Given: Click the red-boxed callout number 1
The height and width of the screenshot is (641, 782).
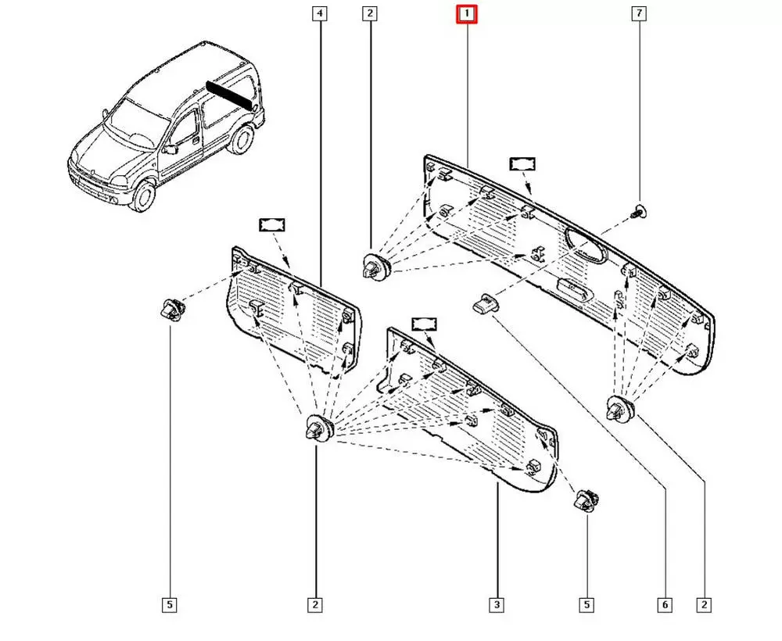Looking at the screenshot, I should point(467,14).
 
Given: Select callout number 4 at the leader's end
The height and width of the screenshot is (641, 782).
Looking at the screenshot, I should point(319,14).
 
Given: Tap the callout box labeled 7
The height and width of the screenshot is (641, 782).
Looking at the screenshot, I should point(640,14).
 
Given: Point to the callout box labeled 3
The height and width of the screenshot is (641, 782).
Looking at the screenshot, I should point(497,604).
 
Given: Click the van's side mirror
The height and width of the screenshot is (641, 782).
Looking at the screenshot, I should point(170,149).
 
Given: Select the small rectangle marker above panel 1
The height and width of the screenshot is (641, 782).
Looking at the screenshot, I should point(522,163).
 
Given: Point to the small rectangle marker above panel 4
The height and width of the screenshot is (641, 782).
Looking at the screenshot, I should point(271,224).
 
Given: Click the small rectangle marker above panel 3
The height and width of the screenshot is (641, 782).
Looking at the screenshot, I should point(423,324).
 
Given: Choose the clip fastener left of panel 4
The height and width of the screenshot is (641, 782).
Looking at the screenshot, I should point(170,310).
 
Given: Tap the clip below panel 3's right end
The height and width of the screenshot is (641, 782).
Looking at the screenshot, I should point(586,500).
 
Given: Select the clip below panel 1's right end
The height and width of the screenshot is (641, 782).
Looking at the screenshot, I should point(622,409).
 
